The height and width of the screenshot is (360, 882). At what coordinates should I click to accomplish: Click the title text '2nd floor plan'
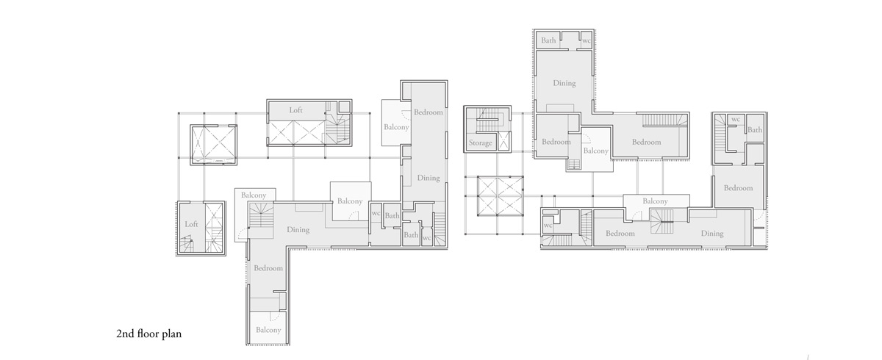coord(148,334)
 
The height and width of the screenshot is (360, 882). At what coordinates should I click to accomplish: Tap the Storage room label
coord(481,143)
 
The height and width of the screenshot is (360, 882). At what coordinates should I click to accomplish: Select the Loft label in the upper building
coord(295,110)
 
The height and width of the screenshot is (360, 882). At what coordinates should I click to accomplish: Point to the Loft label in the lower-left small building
coord(191,224)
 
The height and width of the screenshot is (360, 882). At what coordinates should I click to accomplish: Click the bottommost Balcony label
coord(268,330)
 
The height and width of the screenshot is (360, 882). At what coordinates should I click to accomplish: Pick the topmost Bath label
coord(548,40)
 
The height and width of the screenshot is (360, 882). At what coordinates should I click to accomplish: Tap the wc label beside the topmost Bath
coord(587,40)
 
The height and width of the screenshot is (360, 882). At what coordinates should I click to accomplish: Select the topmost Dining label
coord(564,83)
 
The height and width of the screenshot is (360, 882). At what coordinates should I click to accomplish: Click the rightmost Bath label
coord(755,130)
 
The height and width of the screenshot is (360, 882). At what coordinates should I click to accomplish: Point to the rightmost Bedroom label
coord(738,188)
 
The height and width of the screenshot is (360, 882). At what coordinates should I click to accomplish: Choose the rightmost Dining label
coord(712,234)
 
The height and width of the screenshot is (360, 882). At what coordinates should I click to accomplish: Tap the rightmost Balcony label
coord(655,201)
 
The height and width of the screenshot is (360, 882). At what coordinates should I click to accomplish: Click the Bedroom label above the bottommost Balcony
coord(268,268)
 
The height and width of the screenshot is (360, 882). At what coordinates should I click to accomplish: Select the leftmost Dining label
coord(298,230)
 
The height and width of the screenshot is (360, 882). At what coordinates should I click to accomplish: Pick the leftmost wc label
coord(376,213)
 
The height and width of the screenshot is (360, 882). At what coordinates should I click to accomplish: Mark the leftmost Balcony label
coord(254,195)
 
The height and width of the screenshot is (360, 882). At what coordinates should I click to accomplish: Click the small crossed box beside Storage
coord(503,141)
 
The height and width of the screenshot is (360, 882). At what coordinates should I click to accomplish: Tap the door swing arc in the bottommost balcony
coord(276,317)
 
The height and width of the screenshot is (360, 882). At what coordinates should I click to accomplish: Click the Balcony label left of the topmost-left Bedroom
coord(396,127)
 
